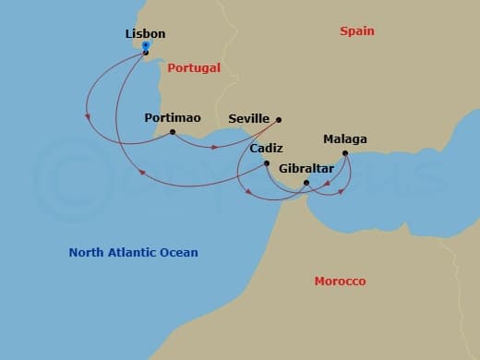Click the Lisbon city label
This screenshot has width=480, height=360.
145,34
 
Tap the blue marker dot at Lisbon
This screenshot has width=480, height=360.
146,44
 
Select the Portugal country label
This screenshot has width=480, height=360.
194,67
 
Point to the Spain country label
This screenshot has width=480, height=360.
356,30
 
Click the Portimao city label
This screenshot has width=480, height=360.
173,118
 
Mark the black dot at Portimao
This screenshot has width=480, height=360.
173,132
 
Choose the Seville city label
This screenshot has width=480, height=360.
248,119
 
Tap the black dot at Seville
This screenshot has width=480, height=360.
279,119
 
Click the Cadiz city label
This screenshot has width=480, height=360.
266,149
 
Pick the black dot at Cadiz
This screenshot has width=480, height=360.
267,163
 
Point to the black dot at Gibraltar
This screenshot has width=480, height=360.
306,183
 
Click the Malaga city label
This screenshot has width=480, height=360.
344,139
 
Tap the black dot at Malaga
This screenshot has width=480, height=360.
344,153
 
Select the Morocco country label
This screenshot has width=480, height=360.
340,281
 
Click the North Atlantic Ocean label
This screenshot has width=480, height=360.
133,252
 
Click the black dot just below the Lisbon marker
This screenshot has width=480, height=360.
146,53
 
